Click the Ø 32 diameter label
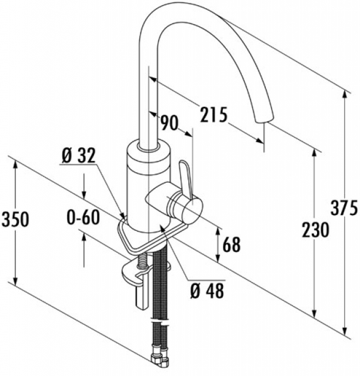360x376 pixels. click(x=78, y=156)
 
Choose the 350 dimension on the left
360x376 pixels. click(x=14, y=219)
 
